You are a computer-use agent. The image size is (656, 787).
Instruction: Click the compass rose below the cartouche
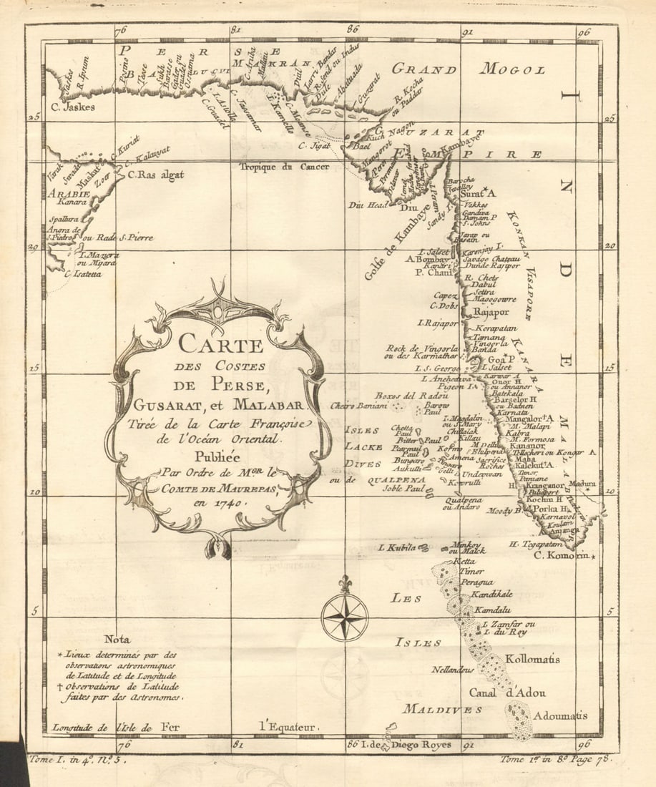[x=344, y=616]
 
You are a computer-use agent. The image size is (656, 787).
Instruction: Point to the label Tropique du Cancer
[x=283, y=167]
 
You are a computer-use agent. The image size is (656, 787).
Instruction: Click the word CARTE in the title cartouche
[x=220, y=344]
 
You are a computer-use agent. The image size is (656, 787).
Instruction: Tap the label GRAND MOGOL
[x=468, y=69]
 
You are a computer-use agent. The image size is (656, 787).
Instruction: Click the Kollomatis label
[x=532, y=659]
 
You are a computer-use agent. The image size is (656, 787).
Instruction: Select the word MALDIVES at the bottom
[x=441, y=709]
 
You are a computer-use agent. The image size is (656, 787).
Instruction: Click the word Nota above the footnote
[x=117, y=639]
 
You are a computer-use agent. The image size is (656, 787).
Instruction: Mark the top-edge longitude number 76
[x=119, y=30]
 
